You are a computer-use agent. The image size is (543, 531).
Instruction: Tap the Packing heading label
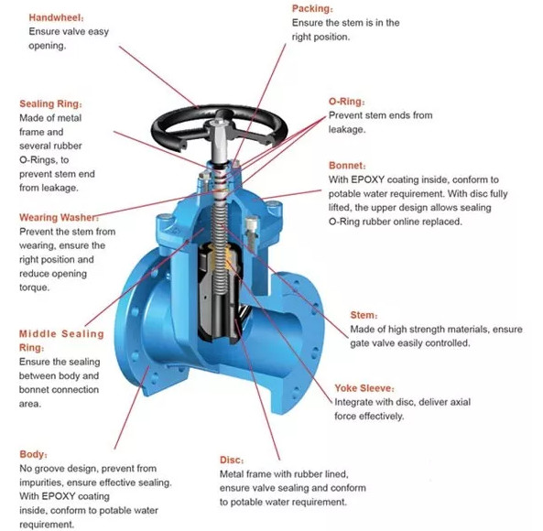[311, 8]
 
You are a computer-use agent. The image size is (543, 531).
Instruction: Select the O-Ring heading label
[346, 103]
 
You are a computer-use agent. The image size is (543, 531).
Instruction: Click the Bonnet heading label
[347, 166]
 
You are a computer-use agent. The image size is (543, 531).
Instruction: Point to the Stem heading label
[364, 315]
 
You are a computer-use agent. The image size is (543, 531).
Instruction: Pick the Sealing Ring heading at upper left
[50, 103]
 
